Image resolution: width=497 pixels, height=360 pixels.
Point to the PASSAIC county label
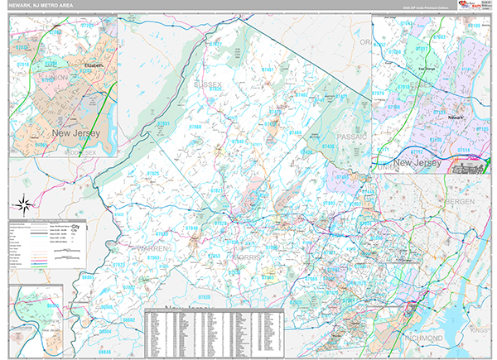point(352,135)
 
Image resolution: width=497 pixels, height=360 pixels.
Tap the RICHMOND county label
point(422,338)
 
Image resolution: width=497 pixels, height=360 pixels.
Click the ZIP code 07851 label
point(164,123)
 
